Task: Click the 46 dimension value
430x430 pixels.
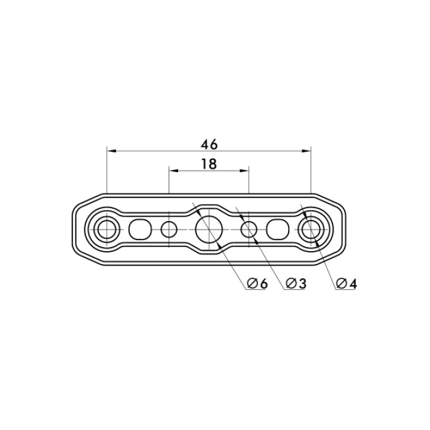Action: [x=209, y=144]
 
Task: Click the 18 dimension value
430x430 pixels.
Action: [x=209, y=164]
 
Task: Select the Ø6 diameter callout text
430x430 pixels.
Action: [x=257, y=284]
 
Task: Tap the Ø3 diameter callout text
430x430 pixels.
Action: [x=295, y=284]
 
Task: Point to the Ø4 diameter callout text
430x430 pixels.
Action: [x=346, y=284]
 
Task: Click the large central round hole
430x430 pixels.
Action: [x=209, y=229]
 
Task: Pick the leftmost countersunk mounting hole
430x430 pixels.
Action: [x=107, y=229]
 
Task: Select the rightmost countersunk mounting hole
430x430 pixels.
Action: [x=311, y=229]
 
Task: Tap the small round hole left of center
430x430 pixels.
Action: [x=169, y=229]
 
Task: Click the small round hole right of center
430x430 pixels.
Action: [x=249, y=229]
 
